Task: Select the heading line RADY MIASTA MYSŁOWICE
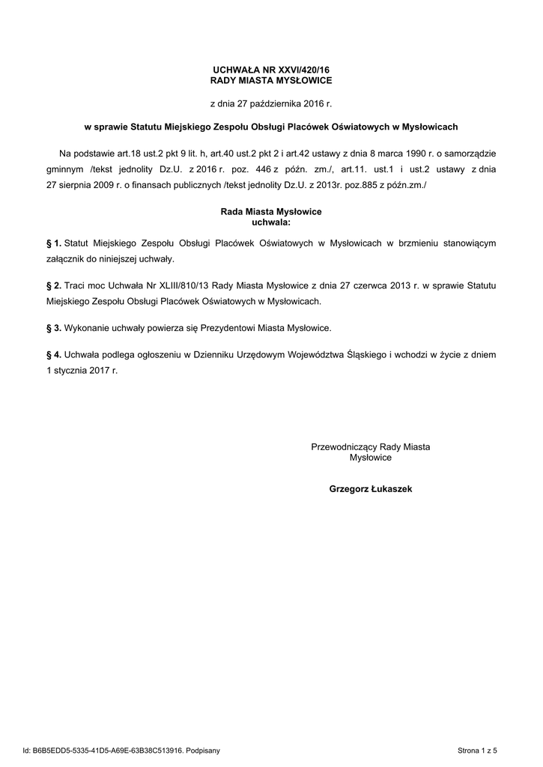point(271,79)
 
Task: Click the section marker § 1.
point(53,243)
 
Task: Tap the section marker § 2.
point(53,286)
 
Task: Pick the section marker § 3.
point(53,328)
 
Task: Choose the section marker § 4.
point(53,355)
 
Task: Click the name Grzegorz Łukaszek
point(370,489)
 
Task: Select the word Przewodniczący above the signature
point(344,446)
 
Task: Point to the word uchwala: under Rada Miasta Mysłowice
point(271,222)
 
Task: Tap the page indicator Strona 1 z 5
point(477,750)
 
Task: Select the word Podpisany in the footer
point(202,750)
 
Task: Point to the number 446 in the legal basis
point(262,170)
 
